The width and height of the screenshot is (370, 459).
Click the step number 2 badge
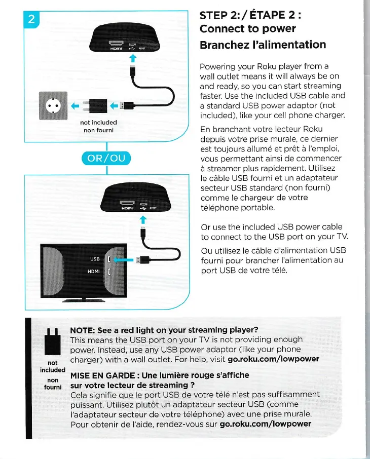[31, 20]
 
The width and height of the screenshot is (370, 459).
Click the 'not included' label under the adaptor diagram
[98, 123]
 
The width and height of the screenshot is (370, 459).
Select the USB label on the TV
[95, 259]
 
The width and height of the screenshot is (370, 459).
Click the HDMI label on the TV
[93, 272]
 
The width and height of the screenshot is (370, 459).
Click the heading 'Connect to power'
[248, 28]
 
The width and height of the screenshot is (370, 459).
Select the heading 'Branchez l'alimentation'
[263, 45]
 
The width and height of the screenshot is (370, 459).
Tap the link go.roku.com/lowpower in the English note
[274, 359]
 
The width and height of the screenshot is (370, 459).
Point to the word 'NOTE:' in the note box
[84, 330]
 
